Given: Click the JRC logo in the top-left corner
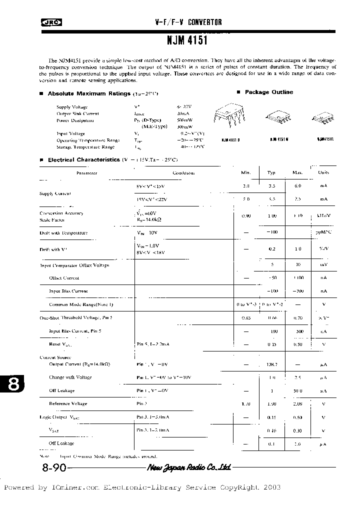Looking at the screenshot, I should (x=48, y=22).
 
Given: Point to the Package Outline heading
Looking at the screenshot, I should (x=268, y=92).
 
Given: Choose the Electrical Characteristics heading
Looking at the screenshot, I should (x=83, y=159).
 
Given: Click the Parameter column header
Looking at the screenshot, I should (x=86, y=173).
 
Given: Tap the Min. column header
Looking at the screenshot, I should (x=245, y=172).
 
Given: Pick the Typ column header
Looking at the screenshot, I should (x=271, y=172).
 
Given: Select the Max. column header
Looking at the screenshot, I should (x=297, y=172).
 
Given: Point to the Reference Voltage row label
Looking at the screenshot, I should (x=68, y=403).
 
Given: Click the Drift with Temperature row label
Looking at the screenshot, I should (x=63, y=233).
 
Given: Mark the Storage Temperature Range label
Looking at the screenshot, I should (x=85, y=147).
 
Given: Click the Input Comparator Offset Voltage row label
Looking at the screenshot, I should (x=74, y=265).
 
